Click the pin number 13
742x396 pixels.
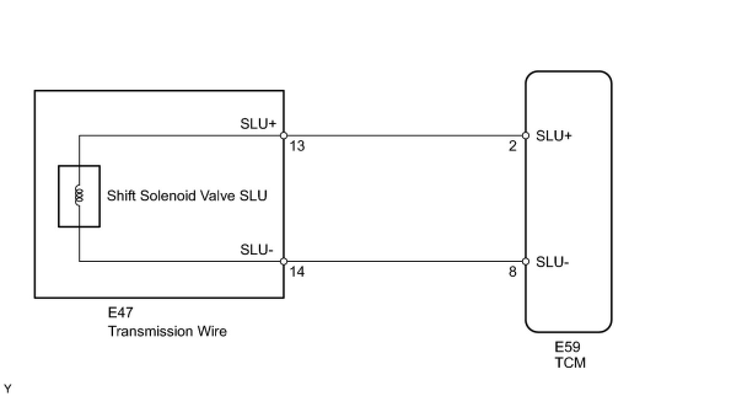(297, 146)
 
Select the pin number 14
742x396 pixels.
(297, 272)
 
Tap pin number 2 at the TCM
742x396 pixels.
(512, 146)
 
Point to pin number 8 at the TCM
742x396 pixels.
(512, 272)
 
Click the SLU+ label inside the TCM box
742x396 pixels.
(554, 136)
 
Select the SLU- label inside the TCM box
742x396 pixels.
(553, 262)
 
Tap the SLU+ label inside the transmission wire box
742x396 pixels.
(258, 124)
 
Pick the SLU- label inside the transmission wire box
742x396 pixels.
(257, 250)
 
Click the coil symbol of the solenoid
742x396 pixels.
(79, 195)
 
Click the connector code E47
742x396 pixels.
(120, 312)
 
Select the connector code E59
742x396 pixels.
(568, 347)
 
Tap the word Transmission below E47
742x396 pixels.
(150, 331)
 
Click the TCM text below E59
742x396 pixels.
(570, 363)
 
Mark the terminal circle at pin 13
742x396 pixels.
(284, 135)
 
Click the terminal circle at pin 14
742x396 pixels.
(284, 261)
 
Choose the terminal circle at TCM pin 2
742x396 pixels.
(526, 135)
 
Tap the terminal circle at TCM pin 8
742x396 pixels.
(526, 261)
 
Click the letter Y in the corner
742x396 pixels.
(7, 389)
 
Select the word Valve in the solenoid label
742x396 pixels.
(218, 196)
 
